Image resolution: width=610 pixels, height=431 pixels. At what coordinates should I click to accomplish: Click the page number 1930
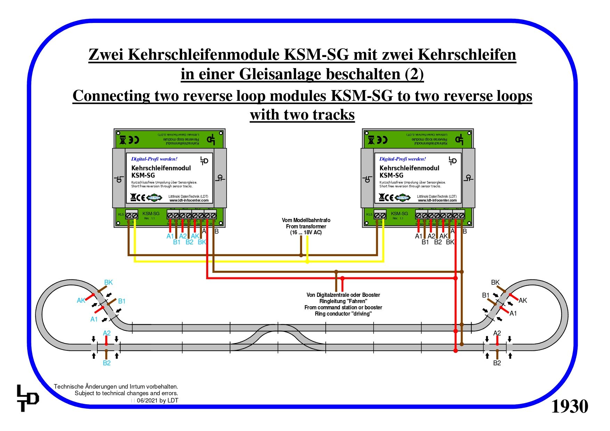click(569, 406)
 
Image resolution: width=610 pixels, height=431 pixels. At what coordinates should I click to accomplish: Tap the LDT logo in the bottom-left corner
click(27, 398)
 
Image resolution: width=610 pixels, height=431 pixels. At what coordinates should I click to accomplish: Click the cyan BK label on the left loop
click(108, 283)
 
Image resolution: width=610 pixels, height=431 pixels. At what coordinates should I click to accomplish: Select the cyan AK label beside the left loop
click(81, 301)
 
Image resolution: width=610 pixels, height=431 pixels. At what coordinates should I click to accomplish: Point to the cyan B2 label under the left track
click(107, 363)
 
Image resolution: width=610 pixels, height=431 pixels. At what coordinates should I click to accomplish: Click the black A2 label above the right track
click(497, 333)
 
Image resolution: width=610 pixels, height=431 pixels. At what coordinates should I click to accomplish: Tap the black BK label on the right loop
click(495, 283)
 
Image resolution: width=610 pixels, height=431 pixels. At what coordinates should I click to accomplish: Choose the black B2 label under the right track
click(497, 363)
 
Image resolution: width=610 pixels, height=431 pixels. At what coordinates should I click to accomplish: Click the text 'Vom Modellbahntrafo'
click(306, 220)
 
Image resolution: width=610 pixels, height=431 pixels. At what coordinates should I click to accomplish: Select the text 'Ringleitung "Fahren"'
click(343, 301)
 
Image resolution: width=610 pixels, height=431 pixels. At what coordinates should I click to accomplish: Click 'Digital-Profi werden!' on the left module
click(154, 159)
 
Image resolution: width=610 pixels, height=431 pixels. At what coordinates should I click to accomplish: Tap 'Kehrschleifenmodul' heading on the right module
click(409, 168)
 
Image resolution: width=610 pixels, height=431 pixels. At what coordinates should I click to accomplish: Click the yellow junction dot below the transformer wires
click(307, 261)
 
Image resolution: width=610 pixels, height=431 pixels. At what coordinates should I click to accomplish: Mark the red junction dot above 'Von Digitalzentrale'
click(342, 278)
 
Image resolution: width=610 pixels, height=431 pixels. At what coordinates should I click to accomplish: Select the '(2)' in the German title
click(414, 74)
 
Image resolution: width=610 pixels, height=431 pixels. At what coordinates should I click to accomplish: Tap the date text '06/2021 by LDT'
click(157, 400)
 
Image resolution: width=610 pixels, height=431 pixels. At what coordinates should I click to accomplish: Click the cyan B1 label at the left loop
click(122, 301)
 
